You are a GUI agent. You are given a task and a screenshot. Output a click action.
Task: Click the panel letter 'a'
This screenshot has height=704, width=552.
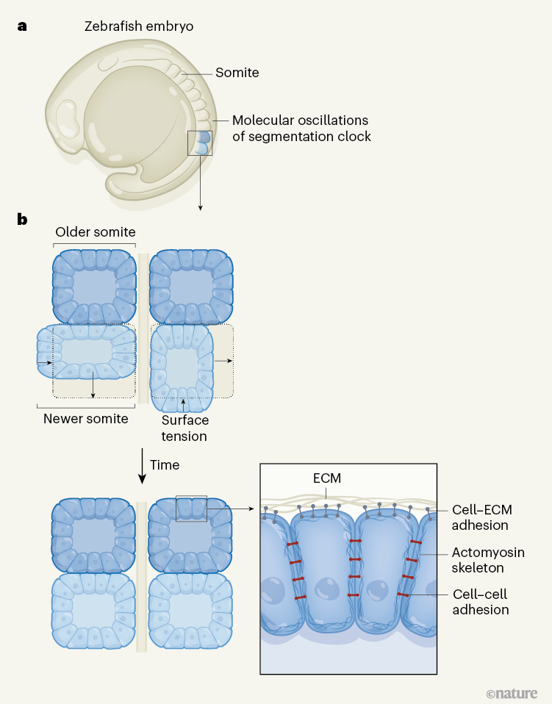[22, 26]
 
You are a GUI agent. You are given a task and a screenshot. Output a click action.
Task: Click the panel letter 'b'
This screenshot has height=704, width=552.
[23, 218]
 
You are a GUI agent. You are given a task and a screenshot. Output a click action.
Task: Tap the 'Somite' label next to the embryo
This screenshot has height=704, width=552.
[237, 73]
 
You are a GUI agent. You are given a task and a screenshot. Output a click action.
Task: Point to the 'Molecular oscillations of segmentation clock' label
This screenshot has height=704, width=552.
[301, 128]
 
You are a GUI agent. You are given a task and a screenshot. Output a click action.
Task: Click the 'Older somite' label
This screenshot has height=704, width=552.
[95, 232]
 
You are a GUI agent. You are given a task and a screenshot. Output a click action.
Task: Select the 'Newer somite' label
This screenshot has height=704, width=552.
[85, 419]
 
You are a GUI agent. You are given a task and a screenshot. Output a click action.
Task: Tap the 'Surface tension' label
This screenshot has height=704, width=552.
[184, 428]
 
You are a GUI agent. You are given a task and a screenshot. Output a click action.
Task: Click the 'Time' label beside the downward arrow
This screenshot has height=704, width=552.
[165, 465]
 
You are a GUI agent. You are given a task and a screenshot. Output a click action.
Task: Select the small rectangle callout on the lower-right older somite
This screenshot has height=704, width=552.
[191, 507]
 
